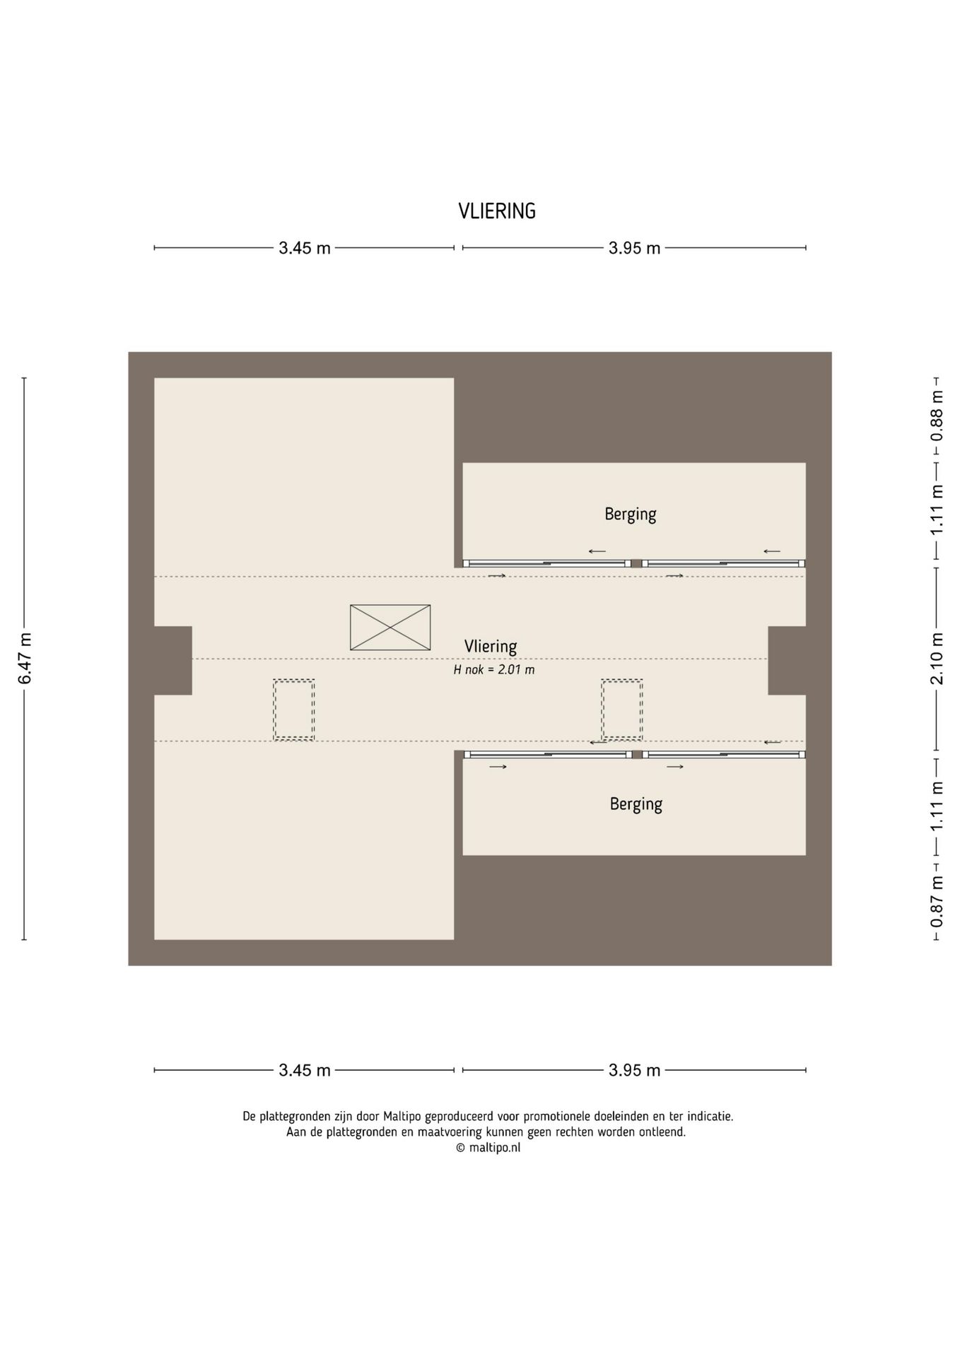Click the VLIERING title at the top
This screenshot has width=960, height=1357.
pyautogui.click(x=497, y=211)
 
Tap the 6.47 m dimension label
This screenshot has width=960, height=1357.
pyautogui.click(x=25, y=658)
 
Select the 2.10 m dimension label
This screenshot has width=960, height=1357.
pyautogui.click(x=937, y=659)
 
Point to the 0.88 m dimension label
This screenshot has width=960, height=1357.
pyautogui.click(x=937, y=416)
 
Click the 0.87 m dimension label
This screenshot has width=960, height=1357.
pyautogui.click(x=937, y=902)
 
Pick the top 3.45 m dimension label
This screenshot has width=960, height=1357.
pyautogui.click(x=305, y=248)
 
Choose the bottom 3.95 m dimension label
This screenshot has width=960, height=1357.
pyautogui.click(x=635, y=1070)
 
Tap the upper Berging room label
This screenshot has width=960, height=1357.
pyautogui.click(x=631, y=514)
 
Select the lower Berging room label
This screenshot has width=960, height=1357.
pyautogui.click(x=636, y=804)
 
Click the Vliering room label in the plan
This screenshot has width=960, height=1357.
pyautogui.click(x=491, y=646)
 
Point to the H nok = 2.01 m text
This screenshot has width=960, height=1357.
pyautogui.click(x=494, y=669)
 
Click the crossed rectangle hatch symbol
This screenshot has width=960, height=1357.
pyautogui.click(x=390, y=628)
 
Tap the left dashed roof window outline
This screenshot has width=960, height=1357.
pyautogui.click(x=294, y=710)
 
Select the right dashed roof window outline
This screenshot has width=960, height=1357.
pyautogui.click(x=622, y=710)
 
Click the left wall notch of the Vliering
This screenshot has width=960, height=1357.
pyautogui.click(x=173, y=660)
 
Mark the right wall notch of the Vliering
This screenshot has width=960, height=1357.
pyautogui.click(x=787, y=660)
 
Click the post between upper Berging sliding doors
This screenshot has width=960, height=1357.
pyautogui.click(x=636, y=563)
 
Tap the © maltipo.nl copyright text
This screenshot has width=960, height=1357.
pyautogui.click(x=488, y=1148)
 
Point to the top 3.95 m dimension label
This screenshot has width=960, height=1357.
pyautogui.click(x=635, y=248)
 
